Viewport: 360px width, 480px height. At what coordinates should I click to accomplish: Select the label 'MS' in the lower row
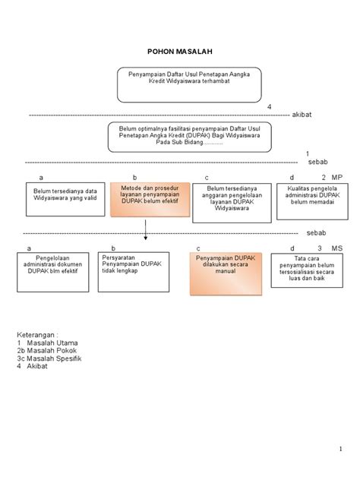tap(337, 248)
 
